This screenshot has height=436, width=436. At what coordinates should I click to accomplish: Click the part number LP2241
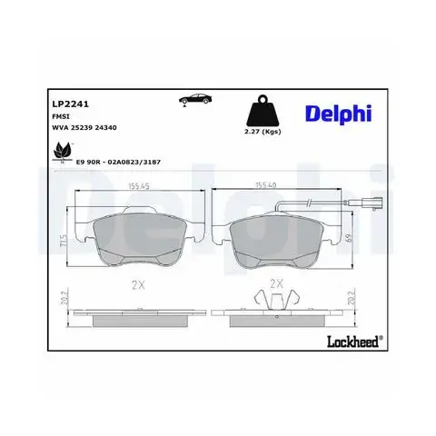[x=71, y=104]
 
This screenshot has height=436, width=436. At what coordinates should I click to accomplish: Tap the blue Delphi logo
[x=338, y=114]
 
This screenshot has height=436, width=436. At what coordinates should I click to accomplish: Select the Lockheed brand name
[x=354, y=342]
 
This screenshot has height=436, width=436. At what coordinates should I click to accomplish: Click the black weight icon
[x=263, y=112]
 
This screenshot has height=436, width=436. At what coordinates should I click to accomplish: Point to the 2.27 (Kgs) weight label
[x=263, y=132]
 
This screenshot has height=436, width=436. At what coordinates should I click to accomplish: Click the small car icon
[x=195, y=99]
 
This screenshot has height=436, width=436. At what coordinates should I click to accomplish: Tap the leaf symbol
[x=63, y=153]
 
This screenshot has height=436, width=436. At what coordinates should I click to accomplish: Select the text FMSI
[x=61, y=116]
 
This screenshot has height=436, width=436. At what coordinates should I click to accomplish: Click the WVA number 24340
[x=105, y=128]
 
